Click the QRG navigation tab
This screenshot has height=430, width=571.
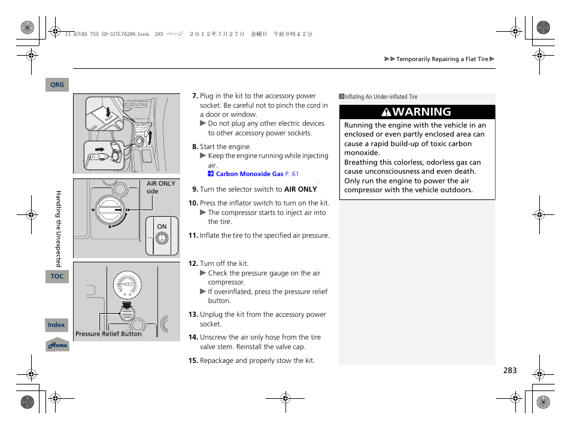[x=57, y=85]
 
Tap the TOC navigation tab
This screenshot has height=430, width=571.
[x=57, y=277]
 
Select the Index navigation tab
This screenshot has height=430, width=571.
[x=56, y=325]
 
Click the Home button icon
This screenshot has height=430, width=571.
[x=57, y=345]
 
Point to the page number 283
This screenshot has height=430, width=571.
[x=509, y=371]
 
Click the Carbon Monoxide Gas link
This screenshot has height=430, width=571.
[x=249, y=174]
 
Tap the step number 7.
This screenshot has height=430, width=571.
[x=195, y=96]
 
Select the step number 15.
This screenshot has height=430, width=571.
[x=193, y=361]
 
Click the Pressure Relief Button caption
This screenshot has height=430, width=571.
[x=108, y=334]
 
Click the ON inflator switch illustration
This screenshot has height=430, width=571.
[x=162, y=238]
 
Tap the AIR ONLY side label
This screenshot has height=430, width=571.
[x=160, y=187]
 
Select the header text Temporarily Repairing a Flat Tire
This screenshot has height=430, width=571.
[x=442, y=59]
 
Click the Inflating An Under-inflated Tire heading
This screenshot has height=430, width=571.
[x=381, y=97]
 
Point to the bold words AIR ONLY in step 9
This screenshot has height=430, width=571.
[x=300, y=189]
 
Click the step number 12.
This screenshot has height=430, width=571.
[x=193, y=264]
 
